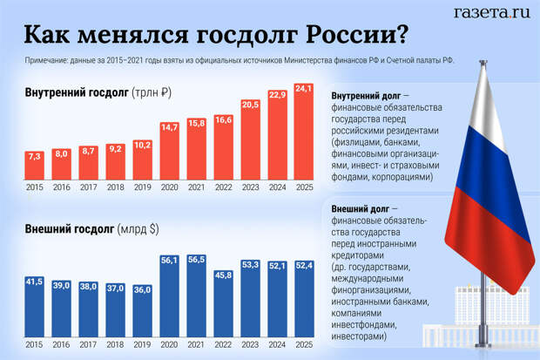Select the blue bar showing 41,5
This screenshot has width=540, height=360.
coord(35,305)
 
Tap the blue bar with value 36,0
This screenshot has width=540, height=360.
coord(143,309)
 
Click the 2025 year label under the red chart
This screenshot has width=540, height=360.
coord(304,187)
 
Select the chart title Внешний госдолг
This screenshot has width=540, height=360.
coord(69,230)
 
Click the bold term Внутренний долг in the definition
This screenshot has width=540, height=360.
coord(366,95)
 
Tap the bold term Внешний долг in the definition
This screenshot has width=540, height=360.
coord(361,209)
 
